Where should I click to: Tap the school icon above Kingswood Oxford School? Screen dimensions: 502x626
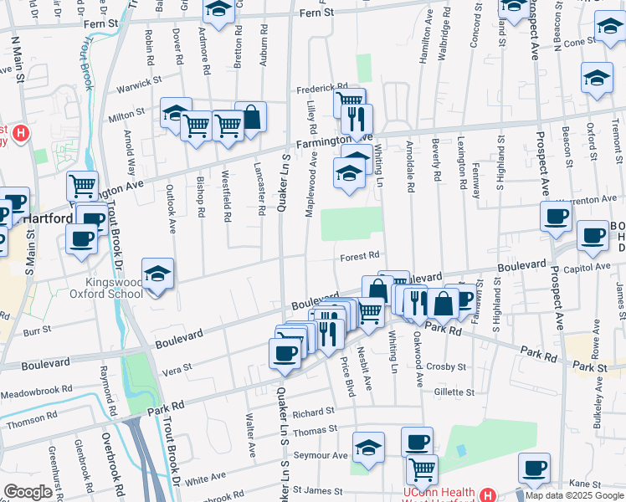[156, 273]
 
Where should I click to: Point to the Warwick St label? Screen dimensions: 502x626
[138, 83]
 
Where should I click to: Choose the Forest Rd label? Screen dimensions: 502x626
[361, 256]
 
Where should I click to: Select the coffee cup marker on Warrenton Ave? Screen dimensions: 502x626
[556, 217]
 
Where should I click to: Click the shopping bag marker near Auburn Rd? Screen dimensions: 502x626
[250, 117]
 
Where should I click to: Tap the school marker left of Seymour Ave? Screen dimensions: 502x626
[367, 447]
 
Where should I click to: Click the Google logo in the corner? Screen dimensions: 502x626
[28, 492]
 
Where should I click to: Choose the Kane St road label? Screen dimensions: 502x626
[580, 483]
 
